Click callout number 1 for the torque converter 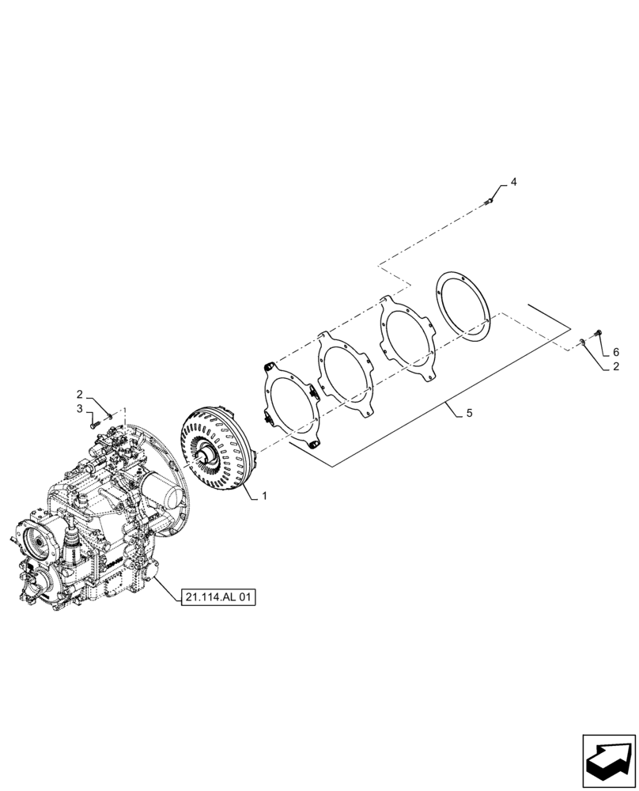tap(263, 496)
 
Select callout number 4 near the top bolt tap(513, 182)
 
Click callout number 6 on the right tap(616, 352)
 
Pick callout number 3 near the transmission tap(79, 408)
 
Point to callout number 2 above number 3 tap(79, 394)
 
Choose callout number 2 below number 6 tap(616, 366)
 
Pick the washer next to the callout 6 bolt tap(583, 342)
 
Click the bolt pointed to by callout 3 tap(95, 425)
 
